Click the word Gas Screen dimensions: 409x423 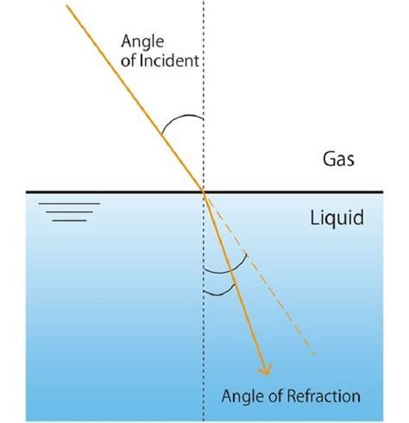(x=338, y=159)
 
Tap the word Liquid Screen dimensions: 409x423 (x=337, y=218)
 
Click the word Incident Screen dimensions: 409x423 (x=169, y=60)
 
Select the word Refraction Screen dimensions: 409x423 (x=324, y=395)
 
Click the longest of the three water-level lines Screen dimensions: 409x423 (x=69, y=204)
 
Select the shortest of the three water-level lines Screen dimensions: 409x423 (x=69, y=221)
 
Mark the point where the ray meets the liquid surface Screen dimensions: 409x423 (x=204, y=192)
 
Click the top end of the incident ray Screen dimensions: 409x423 (x=66, y=5)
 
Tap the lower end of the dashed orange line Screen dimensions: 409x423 (x=315, y=354)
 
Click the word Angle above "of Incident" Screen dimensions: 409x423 (x=142, y=41)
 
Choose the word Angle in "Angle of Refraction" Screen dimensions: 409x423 (x=243, y=396)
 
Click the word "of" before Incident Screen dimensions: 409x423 (x=129, y=60)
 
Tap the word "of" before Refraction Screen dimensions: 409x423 (x=276, y=395)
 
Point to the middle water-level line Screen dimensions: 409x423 (x=69, y=212)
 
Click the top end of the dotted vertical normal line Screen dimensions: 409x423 (x=204, y=1)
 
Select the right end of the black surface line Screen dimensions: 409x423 (x=383, y=192)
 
